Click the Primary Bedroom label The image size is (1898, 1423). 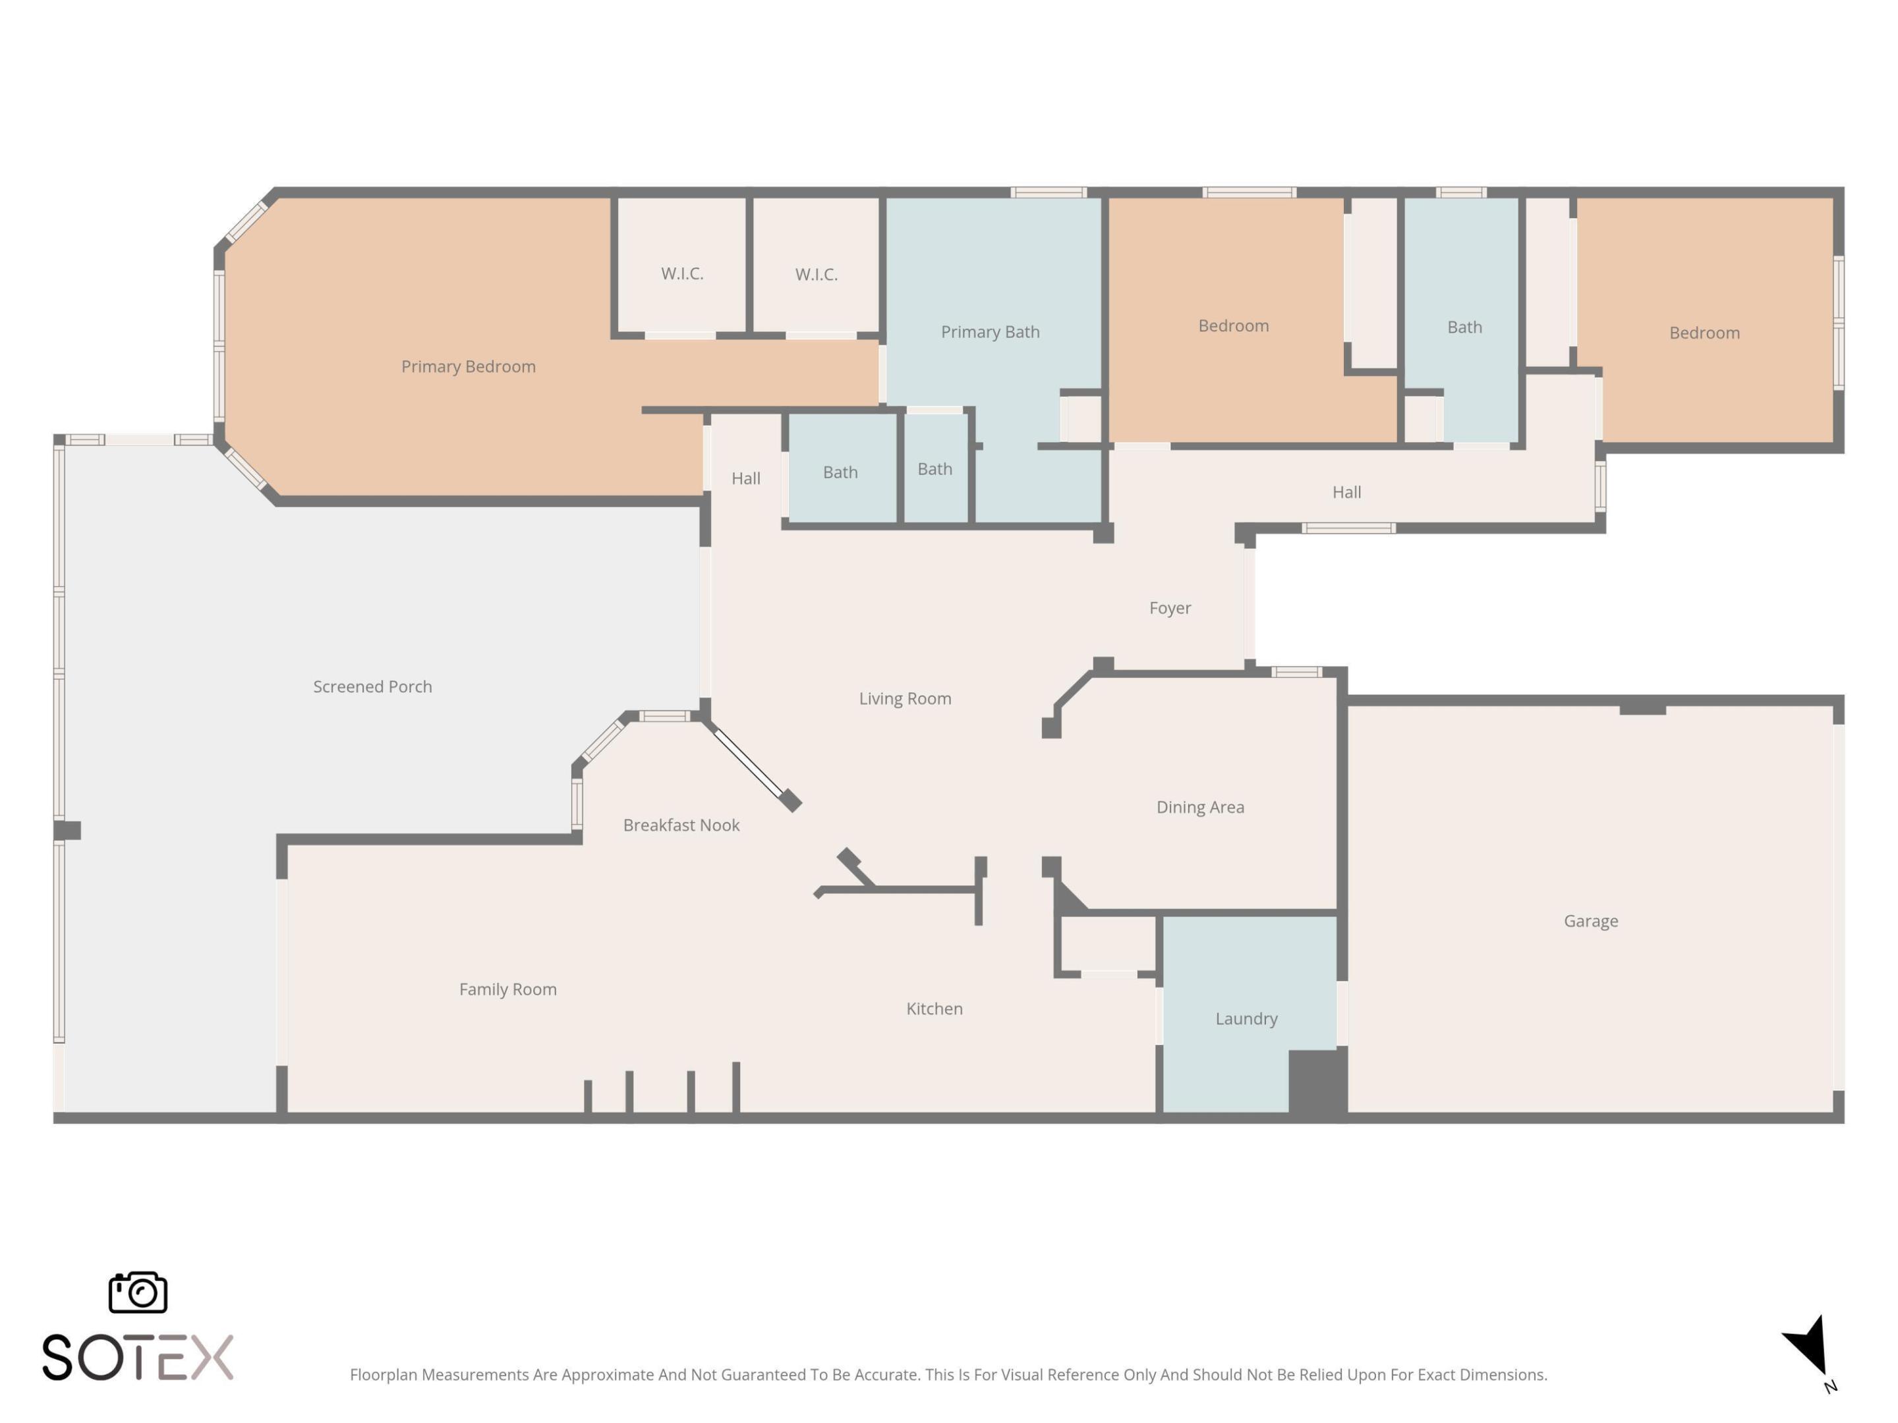click(x=469, y=366)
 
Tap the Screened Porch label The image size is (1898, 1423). click(x=372, y=686)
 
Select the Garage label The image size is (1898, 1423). click(x=1591, y=920)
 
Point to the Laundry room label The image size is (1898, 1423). click(x=1246, y=1018)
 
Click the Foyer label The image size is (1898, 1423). click(x=1170, y=607)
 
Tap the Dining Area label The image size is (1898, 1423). click(x=1199, y=806)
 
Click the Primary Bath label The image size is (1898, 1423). click(x=989, y=331)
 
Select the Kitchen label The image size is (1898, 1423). click(x=935, y=1008)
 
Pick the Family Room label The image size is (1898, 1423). click(x=508, y=988)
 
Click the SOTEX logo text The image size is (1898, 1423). click(x=137, y=1357)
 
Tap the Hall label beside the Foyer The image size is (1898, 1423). click(x=1346, y=491)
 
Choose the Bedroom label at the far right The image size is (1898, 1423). click(x=1704, y=333)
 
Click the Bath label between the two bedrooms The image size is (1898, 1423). click(x=1464, y=327)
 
